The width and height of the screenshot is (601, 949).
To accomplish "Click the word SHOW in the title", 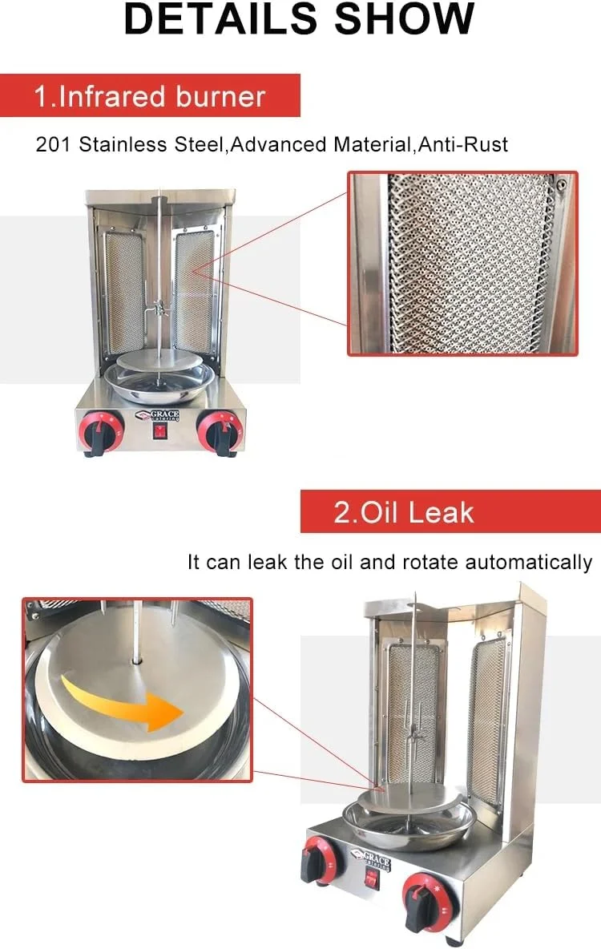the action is coord(405,18).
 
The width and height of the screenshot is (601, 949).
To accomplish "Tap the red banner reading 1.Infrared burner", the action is coord(150,95).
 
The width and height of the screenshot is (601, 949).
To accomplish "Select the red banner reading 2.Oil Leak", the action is coord(450,511).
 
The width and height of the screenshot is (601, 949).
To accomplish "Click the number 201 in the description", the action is coord(53,144).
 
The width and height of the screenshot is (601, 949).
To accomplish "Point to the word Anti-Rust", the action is coord(463,144).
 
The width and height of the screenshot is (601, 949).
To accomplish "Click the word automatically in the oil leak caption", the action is coord(528,563).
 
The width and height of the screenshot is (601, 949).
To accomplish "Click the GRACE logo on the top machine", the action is coord(158,416).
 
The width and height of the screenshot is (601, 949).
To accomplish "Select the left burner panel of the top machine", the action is coord(124,293).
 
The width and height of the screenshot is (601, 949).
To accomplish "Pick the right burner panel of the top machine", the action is coord(195,293).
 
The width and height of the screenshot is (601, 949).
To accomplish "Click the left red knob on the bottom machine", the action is coord(321,858).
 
